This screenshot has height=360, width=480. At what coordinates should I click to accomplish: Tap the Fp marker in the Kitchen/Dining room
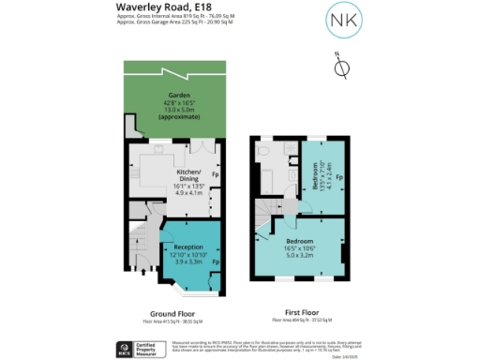pyautogui.click(x=215, y=174)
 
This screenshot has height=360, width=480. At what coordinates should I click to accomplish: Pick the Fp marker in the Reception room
pyautogui.click(x=215, y=262)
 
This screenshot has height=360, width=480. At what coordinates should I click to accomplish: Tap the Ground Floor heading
pyautogui.click(x=172, y=312)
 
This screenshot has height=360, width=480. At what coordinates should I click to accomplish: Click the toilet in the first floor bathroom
pyautogui.click(x=264, y=149)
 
